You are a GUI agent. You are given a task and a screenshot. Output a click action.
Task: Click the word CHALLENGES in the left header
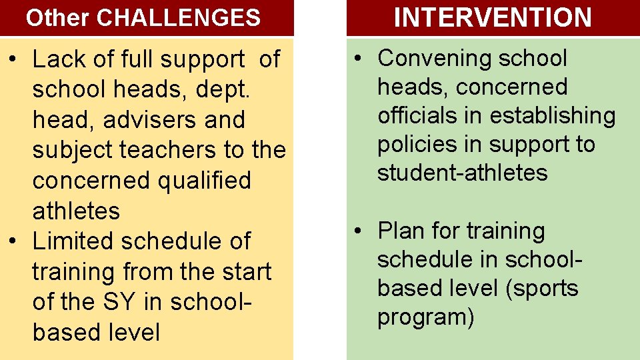coord(179,18)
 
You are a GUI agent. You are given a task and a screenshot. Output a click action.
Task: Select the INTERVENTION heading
coord(493,17)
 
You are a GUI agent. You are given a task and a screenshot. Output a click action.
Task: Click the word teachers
coord(169,150)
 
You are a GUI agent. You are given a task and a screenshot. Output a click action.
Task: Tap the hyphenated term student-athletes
coord(462,173)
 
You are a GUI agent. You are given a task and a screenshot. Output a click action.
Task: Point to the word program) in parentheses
coord(426,317)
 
